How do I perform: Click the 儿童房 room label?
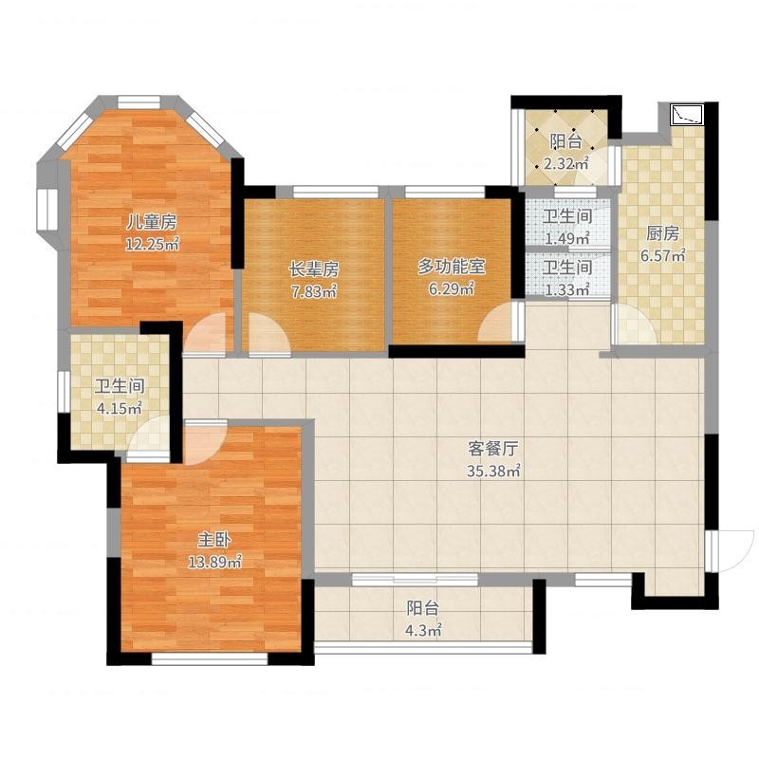click(152, 222)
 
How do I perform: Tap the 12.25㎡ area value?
click(153, 244)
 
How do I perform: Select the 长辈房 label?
click(314, 269)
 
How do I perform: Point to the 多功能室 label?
click(452, 267)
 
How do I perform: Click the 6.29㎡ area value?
click(452, 289)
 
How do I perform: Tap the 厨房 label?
click(662, 233)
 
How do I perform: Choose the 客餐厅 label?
click(493, 449)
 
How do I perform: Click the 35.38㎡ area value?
click(493, 471)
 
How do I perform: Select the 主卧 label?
click(214, 540)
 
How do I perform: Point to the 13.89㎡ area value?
click(215, 562)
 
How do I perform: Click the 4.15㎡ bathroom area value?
click(120, 409)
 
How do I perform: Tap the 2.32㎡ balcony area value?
click(565, 163)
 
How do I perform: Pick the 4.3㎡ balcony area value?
click(423, 630)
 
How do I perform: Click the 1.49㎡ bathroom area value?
click(566, 238)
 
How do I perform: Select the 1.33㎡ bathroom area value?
click(566, 289)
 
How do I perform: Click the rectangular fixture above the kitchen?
click(687, 115)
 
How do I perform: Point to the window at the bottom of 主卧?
click(210, 658)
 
